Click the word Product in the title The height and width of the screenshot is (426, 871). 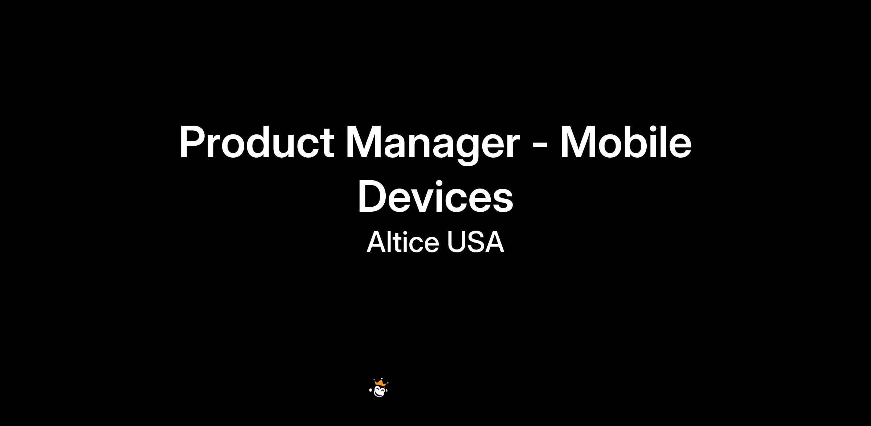[x=257, y=142]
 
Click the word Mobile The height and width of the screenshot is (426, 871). [x=626, y=142]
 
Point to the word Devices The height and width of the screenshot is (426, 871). [x=435, y=196]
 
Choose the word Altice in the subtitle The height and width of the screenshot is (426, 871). [x=403, y=242]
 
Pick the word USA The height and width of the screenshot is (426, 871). [x=475, y=242]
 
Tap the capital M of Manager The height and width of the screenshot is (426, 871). [x=363, y=142]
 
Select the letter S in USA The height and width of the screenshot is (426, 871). [x=475, y=242]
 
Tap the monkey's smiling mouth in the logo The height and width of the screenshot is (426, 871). [x=380, y=393]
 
